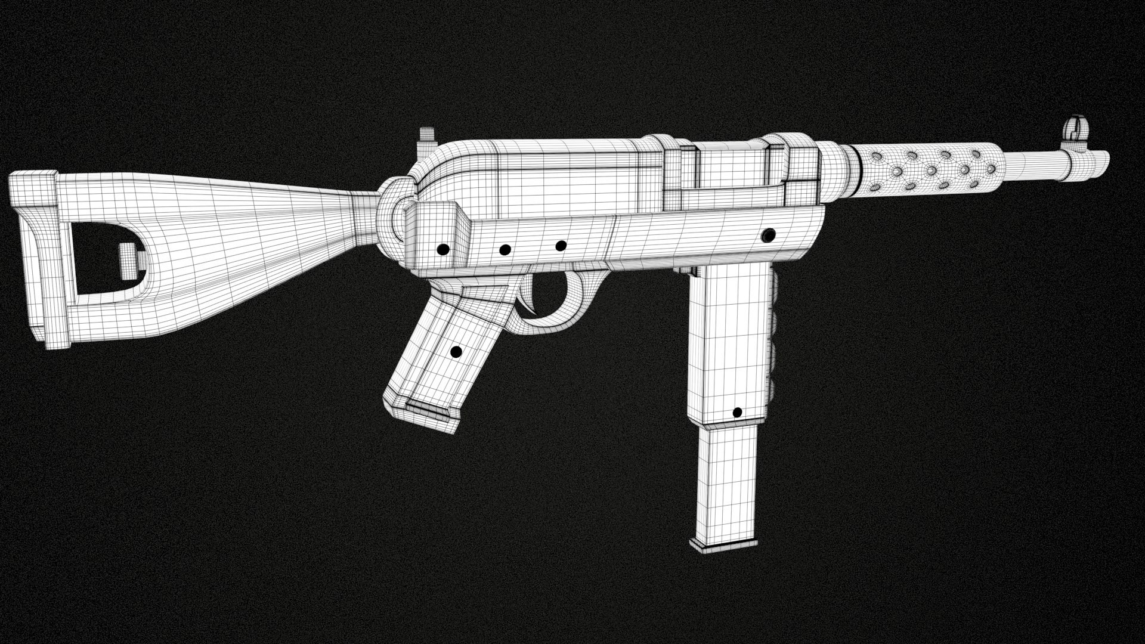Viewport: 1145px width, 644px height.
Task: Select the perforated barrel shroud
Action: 930,171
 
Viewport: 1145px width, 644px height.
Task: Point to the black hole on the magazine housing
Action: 736,413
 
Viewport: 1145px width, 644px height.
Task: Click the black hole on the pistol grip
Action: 456,352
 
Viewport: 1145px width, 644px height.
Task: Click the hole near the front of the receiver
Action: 769,233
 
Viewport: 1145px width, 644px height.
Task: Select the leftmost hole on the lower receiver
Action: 443,249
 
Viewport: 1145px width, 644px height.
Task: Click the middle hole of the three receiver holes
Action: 505,249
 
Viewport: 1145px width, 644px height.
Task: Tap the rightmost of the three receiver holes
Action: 561,245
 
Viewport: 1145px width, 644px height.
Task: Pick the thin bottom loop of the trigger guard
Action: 555,322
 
